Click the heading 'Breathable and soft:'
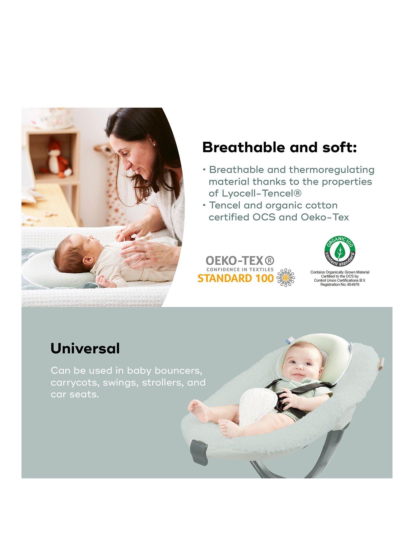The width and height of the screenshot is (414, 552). pyautogui.click(x=279, y=148)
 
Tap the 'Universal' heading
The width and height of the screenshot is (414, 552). pyautogui.click(x=85, y=348)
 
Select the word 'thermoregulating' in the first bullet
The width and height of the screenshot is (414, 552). pyautogui.click(x=332, y=170)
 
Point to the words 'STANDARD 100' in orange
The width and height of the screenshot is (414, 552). pyautogui.click(x=235, y=278)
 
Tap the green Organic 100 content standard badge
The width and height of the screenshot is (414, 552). pyautogui.click(x=340, y=252)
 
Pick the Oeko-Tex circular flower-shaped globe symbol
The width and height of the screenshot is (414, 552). pyautogui.click(x=286, y=278)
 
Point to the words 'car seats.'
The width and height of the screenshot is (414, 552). pyautogui.click(x=75, y=394)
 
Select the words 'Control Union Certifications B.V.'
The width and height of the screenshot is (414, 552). pyautogui.click(x=339, y=280)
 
